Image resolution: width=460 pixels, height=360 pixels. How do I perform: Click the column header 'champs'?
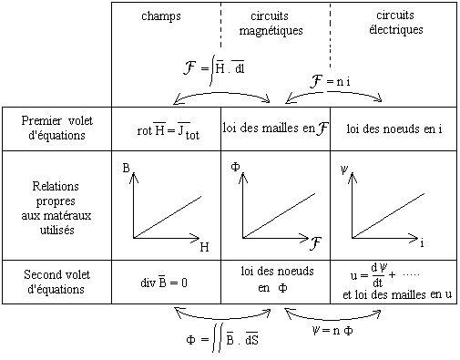(161, 16)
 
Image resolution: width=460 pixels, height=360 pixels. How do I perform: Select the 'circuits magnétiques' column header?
(271, 23)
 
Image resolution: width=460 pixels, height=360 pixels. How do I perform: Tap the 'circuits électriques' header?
(396, 23)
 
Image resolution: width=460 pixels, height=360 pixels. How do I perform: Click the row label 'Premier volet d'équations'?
(57, 128)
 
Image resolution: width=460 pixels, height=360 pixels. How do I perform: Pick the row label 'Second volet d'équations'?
(56, 282)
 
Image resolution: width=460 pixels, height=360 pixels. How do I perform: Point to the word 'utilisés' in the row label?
(57, 230)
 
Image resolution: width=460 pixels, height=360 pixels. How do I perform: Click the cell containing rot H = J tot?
(169, 130)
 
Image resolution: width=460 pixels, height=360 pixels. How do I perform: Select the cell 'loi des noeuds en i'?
(394, 129)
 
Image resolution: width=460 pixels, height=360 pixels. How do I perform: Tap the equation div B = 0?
(164, 283)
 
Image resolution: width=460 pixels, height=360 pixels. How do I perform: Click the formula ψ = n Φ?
(332, 330)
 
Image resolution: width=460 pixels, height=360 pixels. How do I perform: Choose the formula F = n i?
(330, 81)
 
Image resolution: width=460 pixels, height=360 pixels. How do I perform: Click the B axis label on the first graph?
(126, 168)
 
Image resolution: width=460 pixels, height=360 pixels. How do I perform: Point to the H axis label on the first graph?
(205, 247)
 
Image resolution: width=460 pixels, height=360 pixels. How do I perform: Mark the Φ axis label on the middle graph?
(235, 167)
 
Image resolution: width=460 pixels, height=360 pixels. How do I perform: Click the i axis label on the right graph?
(422, 243)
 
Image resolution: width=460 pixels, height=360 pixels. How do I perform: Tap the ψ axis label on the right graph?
(344, 170)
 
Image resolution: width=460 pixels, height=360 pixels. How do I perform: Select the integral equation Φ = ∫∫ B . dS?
(222, 338)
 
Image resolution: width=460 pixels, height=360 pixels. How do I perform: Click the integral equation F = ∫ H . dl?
(214, 69)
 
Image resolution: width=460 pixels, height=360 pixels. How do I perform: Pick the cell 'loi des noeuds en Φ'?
(277, 279)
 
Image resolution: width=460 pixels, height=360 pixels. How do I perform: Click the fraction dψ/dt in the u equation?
(378, 275)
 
